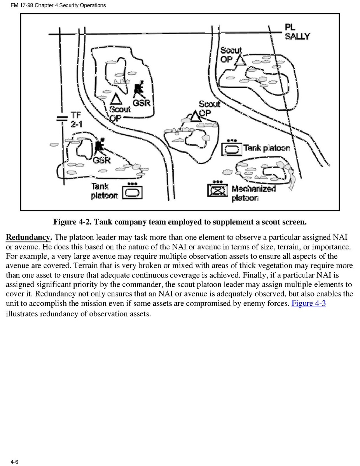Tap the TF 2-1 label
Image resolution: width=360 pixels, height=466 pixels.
click(x=77, y=119)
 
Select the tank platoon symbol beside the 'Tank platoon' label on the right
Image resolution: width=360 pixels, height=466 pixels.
click(x=232, y=148)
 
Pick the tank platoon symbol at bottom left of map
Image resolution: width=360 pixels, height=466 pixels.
click(x=133, y=191)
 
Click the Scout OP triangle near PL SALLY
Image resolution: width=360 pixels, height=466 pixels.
click(x=239, y=60)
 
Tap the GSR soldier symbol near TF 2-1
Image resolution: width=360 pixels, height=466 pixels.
click(x=100, y=145)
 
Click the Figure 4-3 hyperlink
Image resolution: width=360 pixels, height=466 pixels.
click(x=308, y=303)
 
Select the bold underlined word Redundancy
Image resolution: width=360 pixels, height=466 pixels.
click(x=28, y=238)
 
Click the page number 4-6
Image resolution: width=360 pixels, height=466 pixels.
click(x=15, y=461)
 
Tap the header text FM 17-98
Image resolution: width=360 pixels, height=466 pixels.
click(x=21, y=5)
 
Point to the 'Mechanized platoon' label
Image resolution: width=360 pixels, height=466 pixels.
click(x=253, y=193)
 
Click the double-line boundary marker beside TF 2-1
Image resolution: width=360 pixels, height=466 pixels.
click(x=62, y=118)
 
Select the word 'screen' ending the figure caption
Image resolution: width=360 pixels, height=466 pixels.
click(x=295, y=222)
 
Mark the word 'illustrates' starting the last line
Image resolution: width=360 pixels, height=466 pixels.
click(x=23, y=314)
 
